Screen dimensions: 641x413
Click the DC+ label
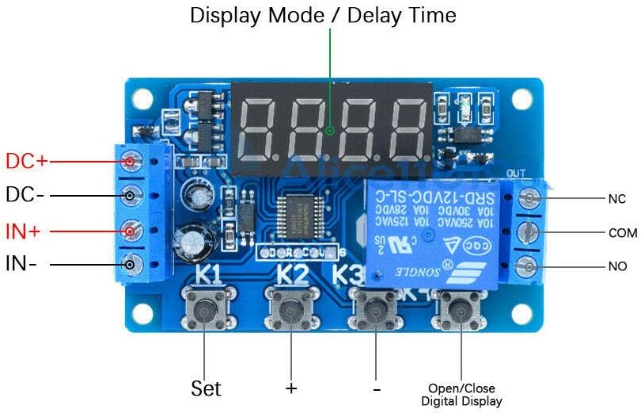pyautogui.click(x=26, y=161)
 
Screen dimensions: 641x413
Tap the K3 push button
pyautogui.click(x=375, y=310)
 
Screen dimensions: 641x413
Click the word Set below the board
pyautogui.click(x=206, y=388)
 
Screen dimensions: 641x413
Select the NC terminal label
pyautogui.click(x=616, y=198)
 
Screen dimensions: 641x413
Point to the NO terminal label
pyautogui.click(x=617, y=267)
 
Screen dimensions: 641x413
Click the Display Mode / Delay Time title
pyautogui.click(x=323, y=15)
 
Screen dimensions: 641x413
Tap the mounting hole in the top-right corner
pyautogui.click(x=522, y=98)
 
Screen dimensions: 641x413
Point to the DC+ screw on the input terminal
pyautogui.click(x=131, y=161)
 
